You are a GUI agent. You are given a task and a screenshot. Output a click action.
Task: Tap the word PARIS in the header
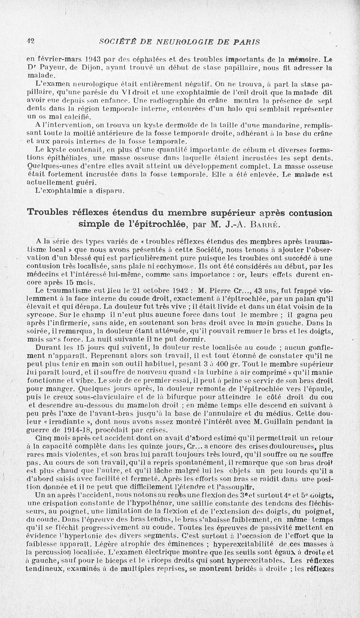coord(247,42)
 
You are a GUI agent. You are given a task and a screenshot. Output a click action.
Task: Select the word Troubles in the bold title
coord(50,212)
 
